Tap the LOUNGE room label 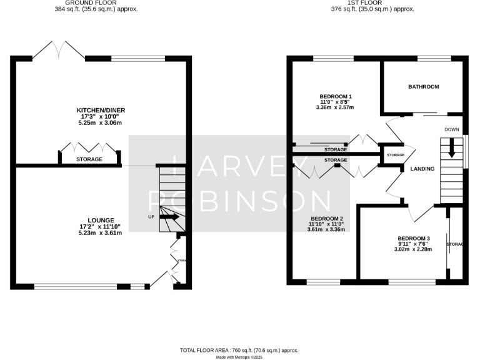pyautogui.click(x=101, y=220)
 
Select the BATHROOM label pyautogui.click(x=424, y=86)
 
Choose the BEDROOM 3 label pyautogui.click(x=414, y=238)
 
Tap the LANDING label pyautogui.click(x=422, y=169)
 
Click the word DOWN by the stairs pyautogui.click(x=452, y=129)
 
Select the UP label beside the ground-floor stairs pyautogui.click(x=151, y=217)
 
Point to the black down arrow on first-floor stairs pyautogui.click(x=451, y=151)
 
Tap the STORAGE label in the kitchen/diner pyautogui.click(x=89, y=159)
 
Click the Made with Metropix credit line pyautogui.click(x=239, y=357)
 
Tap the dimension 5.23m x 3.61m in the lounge pyautogui.click(x=101, y=232)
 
